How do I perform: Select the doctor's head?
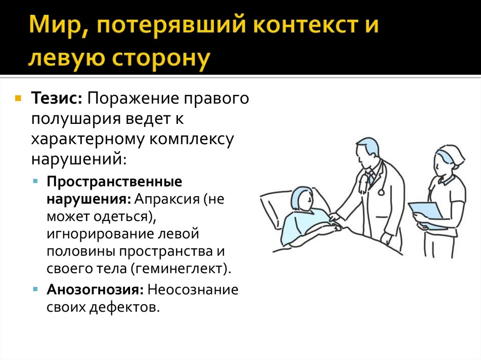(366, 152)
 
